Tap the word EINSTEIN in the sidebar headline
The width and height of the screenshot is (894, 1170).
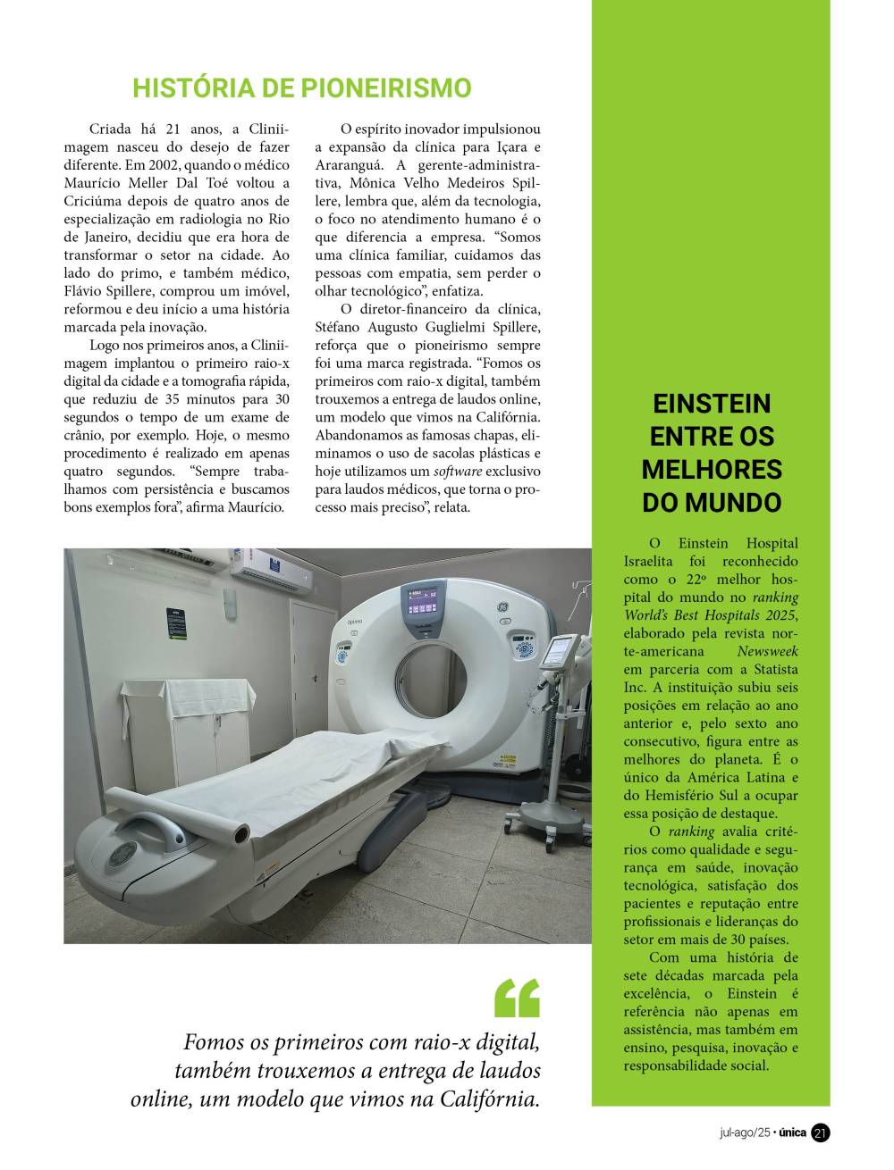click(x=712, y=404)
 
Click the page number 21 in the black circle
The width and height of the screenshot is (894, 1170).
click(x=820, y=1132)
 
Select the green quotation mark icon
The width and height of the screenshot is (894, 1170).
click(x=518, y=998)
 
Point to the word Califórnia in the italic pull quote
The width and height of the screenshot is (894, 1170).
click(x=489, y=1099)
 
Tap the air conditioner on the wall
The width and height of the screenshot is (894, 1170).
click(x=271, y=569)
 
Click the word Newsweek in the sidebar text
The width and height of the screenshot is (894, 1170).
click(x=767, y=651)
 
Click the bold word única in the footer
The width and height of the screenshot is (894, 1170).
click(x=792, y=1132)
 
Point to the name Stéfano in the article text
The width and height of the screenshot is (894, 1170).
click(x=338, y=327)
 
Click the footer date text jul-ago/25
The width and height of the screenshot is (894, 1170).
click(x=744, y=1132)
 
